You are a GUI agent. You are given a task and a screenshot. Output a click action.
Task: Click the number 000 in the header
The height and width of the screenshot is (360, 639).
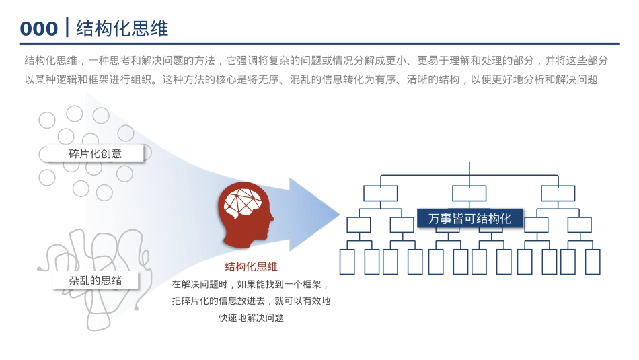38,28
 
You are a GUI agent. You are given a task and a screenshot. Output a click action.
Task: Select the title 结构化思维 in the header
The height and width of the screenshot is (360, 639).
122,28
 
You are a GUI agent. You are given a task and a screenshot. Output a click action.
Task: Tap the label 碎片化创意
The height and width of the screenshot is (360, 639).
96,153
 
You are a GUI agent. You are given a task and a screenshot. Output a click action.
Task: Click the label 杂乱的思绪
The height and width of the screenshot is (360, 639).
96,280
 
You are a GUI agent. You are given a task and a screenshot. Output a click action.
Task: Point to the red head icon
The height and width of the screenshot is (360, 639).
246,211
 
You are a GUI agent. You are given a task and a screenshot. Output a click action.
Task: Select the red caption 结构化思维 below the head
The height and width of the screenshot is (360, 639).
251,266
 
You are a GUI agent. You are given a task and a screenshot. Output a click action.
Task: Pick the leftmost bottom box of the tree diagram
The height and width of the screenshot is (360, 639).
347,261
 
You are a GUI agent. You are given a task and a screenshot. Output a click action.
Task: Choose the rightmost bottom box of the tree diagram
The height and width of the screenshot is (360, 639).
593,261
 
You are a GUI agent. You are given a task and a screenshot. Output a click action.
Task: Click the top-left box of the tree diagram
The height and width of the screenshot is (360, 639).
381,193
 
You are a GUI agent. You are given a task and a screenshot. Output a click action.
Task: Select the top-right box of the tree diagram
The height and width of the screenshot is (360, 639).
558,193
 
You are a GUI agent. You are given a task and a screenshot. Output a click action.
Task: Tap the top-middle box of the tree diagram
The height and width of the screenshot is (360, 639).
469,193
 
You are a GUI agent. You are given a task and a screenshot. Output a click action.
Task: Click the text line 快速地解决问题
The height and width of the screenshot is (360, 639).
251,318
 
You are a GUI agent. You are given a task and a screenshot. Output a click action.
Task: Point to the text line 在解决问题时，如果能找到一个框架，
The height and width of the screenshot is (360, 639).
251,284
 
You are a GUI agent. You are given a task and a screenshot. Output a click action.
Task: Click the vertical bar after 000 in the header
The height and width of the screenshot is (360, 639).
66,28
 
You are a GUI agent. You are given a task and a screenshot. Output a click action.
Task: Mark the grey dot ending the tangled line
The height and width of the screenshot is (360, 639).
137,308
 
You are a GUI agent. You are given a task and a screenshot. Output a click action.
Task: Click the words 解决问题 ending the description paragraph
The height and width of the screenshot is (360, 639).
576,80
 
